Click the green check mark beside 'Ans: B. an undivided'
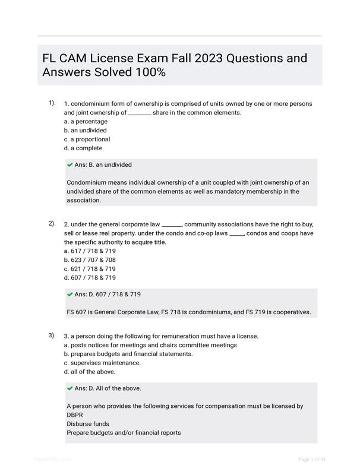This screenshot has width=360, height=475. (x=70, y=164)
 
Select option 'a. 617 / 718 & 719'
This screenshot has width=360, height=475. (x=90, y=251)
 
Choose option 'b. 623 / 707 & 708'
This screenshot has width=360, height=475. (x=90, y=259)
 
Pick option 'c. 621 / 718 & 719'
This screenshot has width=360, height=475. (x=90, y=268)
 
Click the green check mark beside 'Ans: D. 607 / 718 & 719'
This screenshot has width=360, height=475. (x=70, y=294)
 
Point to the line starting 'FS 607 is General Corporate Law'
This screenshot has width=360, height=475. (x=188, y=312)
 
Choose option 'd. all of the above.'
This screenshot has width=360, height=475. (x=90, y=372)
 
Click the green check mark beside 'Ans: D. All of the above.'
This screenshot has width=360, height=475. (x=70, y=388)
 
